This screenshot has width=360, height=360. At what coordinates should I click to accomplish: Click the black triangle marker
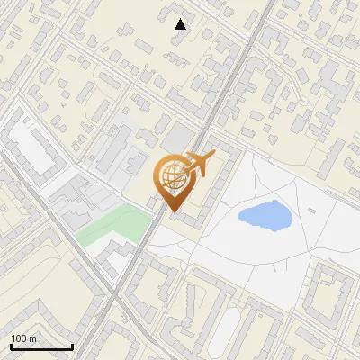[x=181, y=25]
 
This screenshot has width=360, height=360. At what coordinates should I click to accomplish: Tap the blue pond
[x=265, y=215]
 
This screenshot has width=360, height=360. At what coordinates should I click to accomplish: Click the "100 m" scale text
[x=23, y=338]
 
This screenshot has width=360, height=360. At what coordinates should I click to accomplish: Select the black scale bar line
[x=41, y=346]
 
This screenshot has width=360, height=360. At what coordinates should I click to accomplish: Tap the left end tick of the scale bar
[x=11, y=345]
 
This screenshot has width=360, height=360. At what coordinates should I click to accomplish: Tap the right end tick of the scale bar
[x=72, y=345]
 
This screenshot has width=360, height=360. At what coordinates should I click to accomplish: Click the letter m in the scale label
[x=32, y=338]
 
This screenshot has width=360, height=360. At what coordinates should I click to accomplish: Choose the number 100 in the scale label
[x=19, y=338]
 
